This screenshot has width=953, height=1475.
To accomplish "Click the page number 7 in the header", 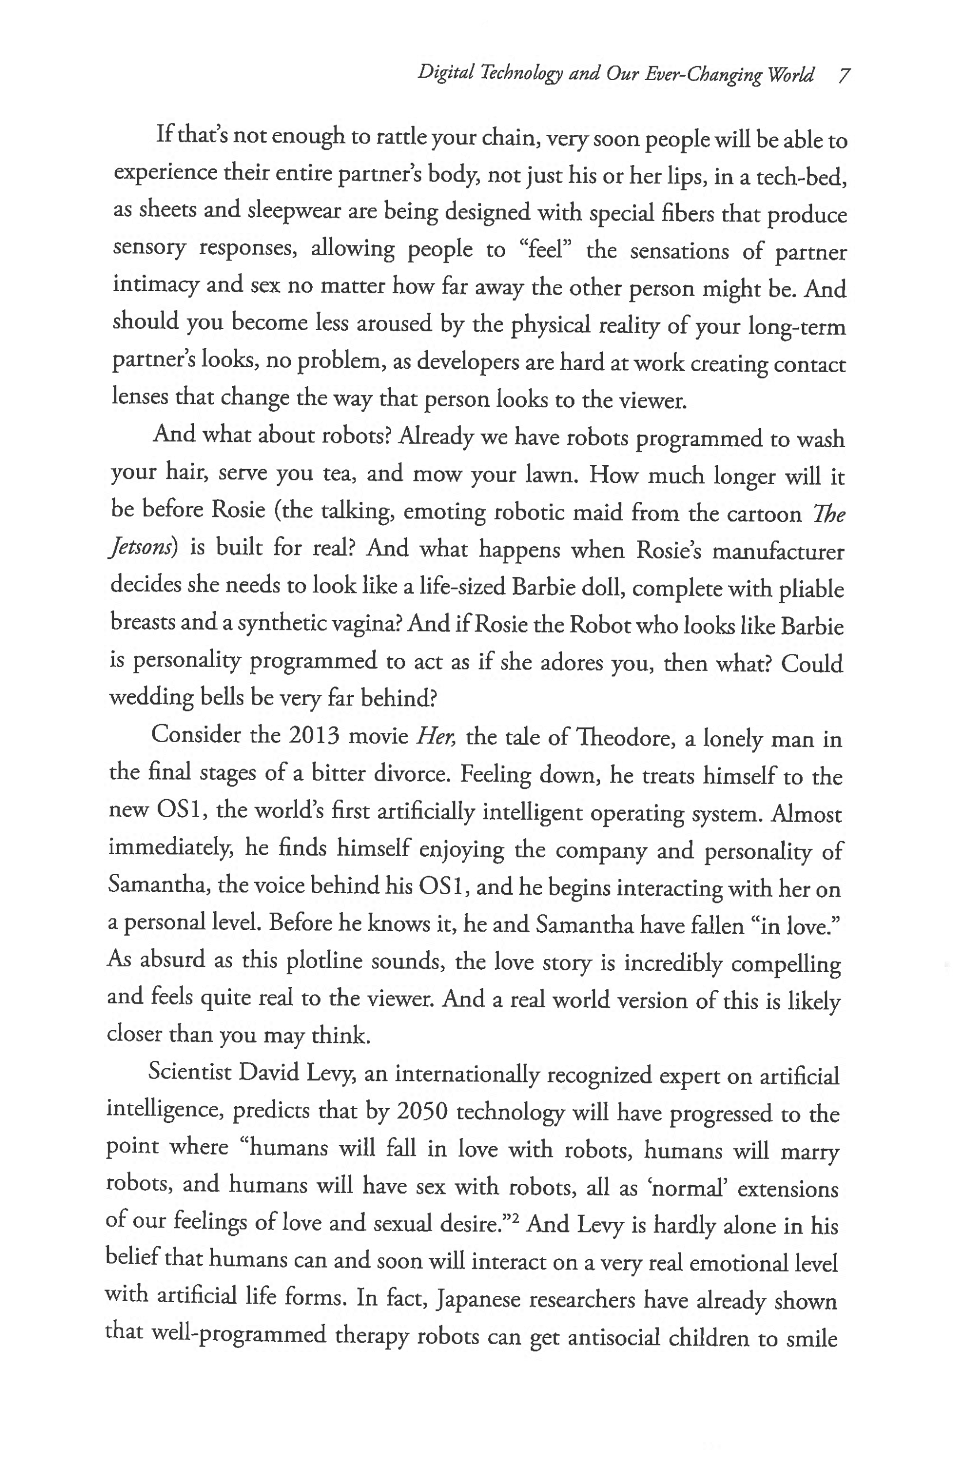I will [844, 75].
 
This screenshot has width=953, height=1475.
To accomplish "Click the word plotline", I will [324, 960].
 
